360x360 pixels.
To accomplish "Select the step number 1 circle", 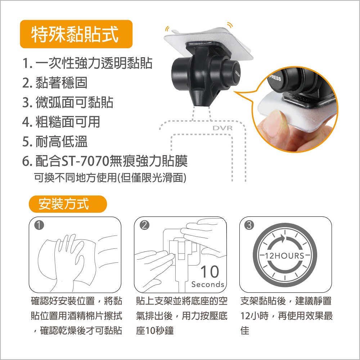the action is [39, 225].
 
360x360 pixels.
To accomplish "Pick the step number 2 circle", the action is [144, 225].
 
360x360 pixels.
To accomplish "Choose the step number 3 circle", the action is [249, 225].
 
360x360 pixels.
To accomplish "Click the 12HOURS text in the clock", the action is [285, 256].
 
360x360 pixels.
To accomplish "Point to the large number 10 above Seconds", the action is [210, 272].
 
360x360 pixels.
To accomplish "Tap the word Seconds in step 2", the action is [208, 284].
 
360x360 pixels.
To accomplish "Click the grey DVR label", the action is [222, 128].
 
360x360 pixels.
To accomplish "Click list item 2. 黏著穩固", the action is [55, 83].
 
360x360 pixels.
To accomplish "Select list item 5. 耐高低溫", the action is [55, 141].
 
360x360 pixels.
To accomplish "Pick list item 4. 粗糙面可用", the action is [61, 122].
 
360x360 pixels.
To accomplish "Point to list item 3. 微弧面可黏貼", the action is [68, 102].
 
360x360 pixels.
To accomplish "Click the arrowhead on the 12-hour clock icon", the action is [283, 239].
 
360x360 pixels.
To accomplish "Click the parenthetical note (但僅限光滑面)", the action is [152, 177].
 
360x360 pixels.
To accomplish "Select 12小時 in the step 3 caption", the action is [255, 316].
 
